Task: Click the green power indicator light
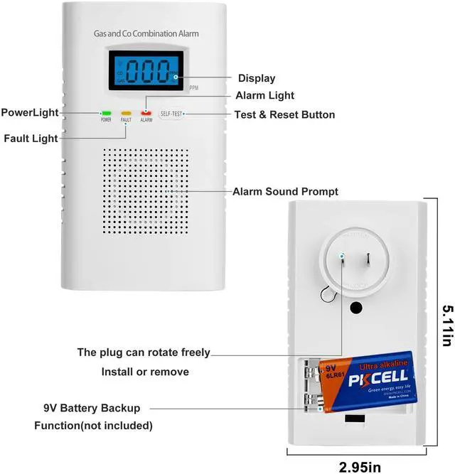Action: [x=106, y=112]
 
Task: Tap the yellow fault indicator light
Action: [x=126, y=112]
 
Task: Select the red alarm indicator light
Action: [x=146, y=112]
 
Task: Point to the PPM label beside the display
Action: [x=194, y=87]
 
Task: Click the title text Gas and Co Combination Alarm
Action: [x=146, y=33]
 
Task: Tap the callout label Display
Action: [x=256, y=78]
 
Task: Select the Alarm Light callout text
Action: [x=264, y=96]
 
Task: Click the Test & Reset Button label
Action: [x=284, y=114]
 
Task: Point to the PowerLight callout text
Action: [x=29, y=112]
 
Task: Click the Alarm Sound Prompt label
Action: [x=285, y=192]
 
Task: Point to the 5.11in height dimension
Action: [x=445, y=327]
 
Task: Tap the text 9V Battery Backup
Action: [x=91, y=409]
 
